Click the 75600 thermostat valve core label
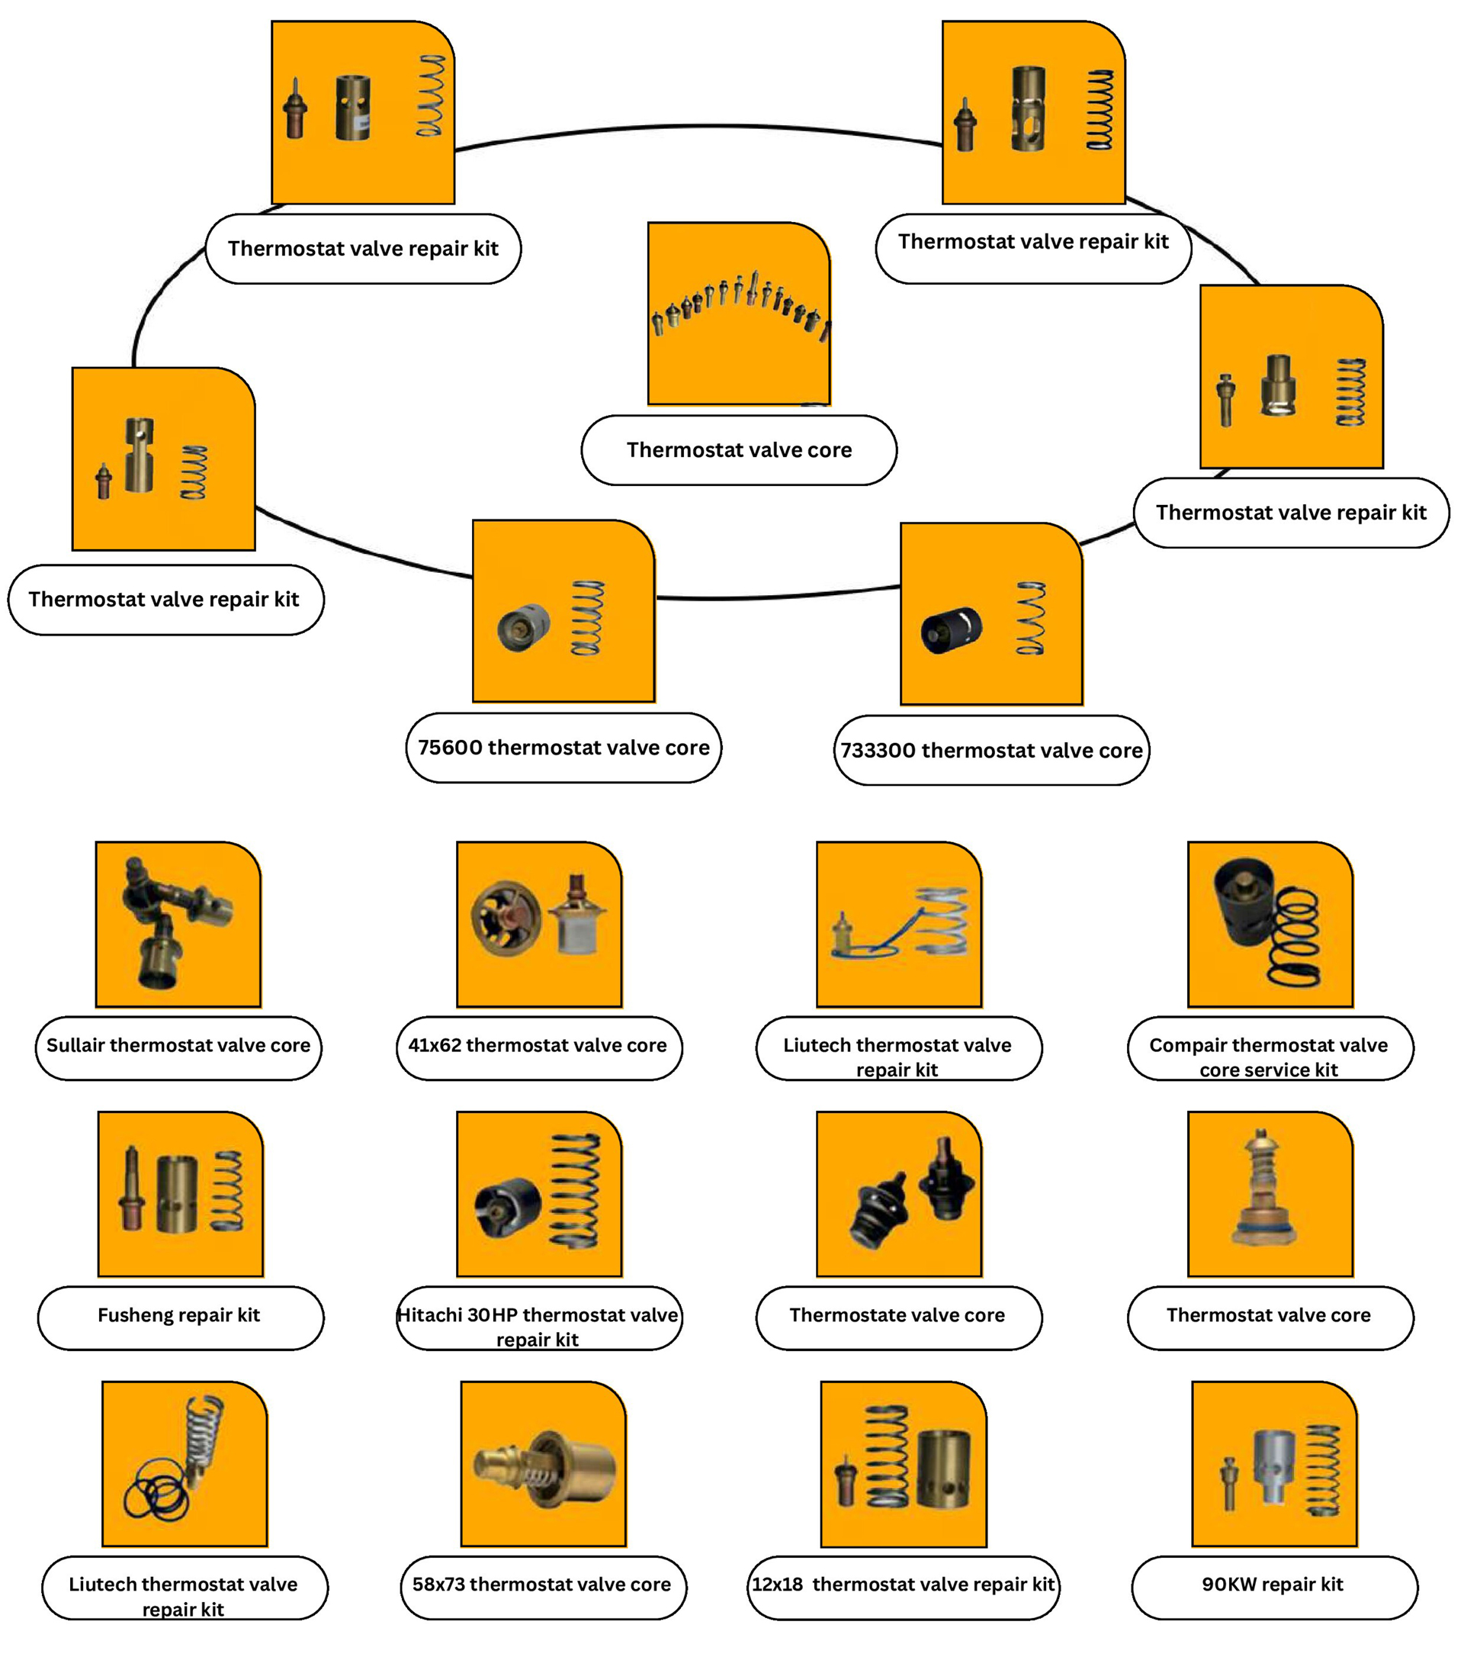click(x=563, y=748)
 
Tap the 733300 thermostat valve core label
click(x=990, y=750)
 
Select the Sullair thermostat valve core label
click(x=178, y=1046)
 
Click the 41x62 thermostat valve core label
click(x=538, y=1046)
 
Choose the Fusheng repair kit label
click(x=179, y=1315)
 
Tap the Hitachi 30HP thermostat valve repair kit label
click(x=538, y=1325)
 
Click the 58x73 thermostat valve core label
click(x=542, y=1584)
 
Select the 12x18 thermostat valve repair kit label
click(x=903, y=1584)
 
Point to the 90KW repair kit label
click(x=1273, y=1584)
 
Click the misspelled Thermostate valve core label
click(x=897, y=1315)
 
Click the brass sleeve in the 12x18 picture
click(x=943, y=1468)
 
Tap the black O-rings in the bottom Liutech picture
click(x=156, y=1494)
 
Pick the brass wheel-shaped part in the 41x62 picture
click(x=506, y=918)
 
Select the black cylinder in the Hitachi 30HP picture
click(x=509, y=1207)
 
